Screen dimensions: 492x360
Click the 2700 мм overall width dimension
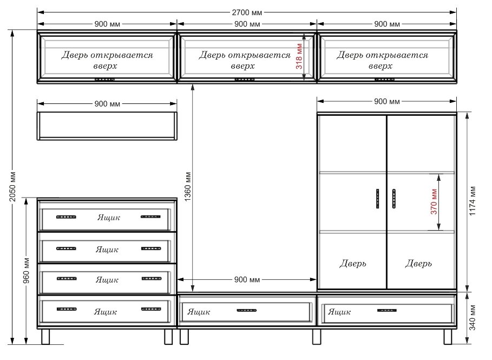[x=247, y=12]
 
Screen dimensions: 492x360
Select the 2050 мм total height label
[x=12, y=186]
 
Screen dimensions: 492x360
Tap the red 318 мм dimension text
[x=299, y=56]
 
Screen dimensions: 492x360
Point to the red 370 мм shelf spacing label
[x=434, y=201]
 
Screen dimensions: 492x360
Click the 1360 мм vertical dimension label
[x=187, y=186]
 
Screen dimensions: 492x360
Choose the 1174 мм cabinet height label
[x=473, y=201]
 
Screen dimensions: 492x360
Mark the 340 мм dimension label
[x=473, y=317]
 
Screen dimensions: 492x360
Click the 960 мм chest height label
[x=27, y=271]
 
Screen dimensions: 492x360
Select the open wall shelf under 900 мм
[x=107, y=126]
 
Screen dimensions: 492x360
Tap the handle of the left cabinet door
[x=377, y=199]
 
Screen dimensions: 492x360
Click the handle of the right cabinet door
[x=394, y=199]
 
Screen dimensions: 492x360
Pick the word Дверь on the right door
[x=418, y=263]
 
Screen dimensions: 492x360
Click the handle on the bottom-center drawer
[x=247, y=310]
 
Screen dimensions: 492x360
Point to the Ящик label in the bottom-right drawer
[x=339, y=312]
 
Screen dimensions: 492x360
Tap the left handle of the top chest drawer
[x=66, y=217]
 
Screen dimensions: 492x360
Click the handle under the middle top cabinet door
[x=245, y=80]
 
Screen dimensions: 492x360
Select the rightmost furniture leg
[x=448, y=337]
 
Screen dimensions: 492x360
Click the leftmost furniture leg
[x=45, y=337]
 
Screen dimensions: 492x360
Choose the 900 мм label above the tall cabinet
[x=386, y=101]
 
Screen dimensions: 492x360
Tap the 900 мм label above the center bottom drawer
[x=247, y=279]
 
